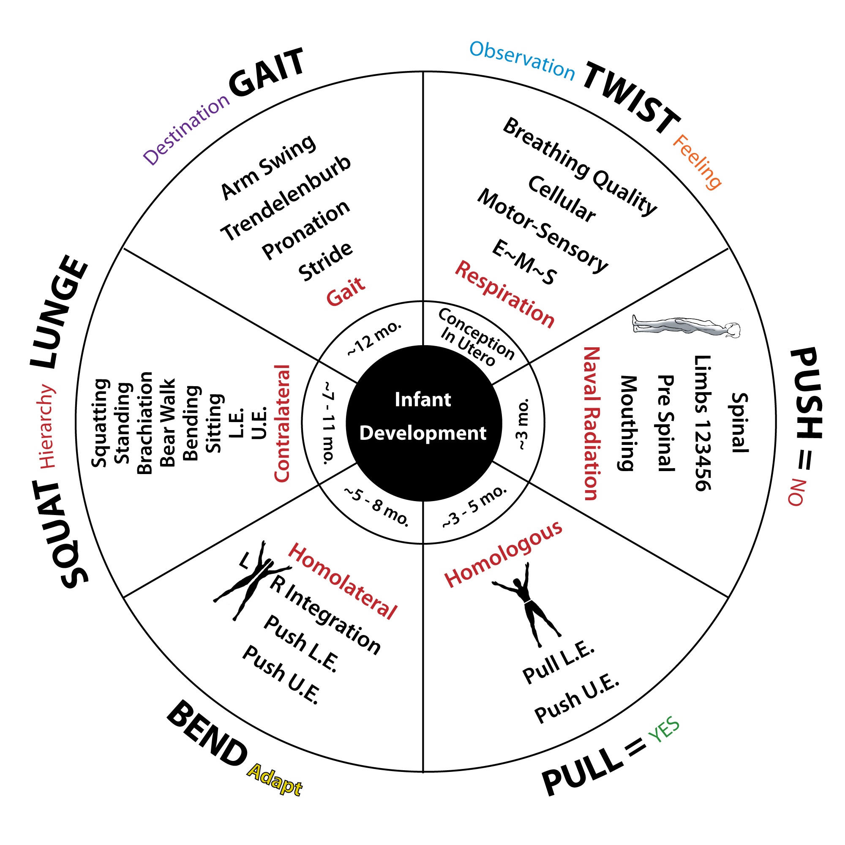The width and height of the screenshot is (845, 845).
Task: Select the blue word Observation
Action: point(522,61)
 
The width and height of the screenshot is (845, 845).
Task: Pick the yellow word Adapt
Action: point(275,780)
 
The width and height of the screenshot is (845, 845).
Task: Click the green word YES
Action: point(664,731)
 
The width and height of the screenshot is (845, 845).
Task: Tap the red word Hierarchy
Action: point(48,427)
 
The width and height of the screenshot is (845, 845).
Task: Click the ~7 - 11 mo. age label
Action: point(329,422)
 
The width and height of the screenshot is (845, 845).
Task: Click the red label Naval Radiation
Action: point(591,423)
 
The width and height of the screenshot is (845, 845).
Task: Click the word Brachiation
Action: point(145,423)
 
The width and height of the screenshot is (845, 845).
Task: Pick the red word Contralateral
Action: point(282,423)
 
